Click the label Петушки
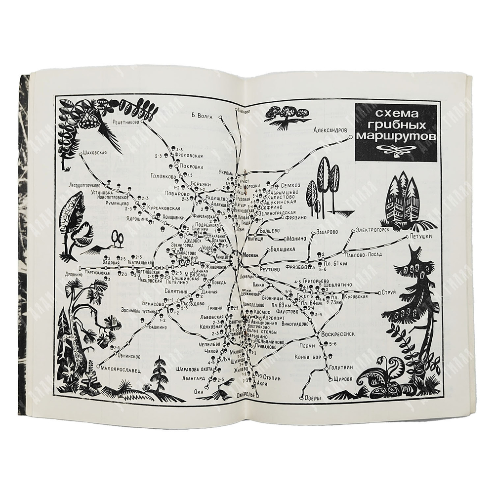pyautogui.click(x=421, y=237)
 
